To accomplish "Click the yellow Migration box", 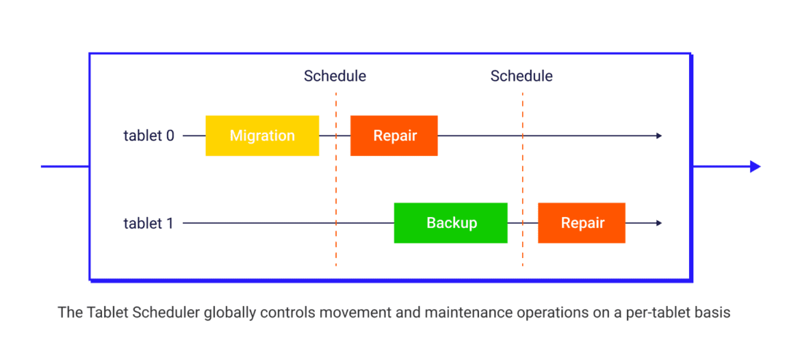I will point(262,136).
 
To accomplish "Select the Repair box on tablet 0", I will point(394,136).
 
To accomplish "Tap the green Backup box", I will point(451,223).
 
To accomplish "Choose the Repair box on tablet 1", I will point(582,223).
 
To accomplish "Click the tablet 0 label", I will point(149,136).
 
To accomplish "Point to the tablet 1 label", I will point(149,223).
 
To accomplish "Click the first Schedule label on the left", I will point(335,76).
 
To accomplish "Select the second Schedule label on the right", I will point(521,76).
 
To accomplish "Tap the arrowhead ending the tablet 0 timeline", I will point(658,136).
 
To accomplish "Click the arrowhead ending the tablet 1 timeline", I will point(658,223).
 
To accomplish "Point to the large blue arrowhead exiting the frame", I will point(755,167).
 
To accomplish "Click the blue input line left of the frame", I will point(65,167).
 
